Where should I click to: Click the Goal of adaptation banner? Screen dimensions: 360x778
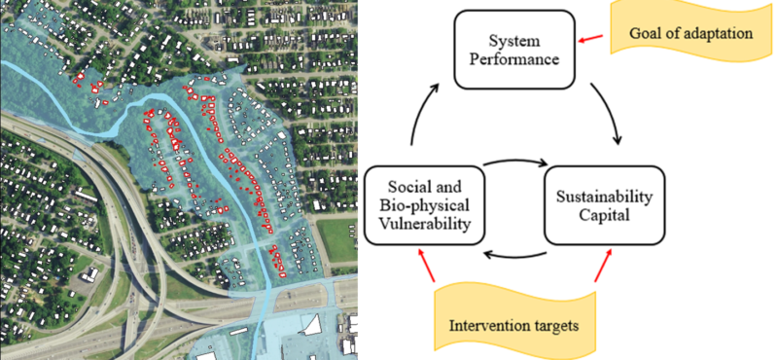691,32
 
